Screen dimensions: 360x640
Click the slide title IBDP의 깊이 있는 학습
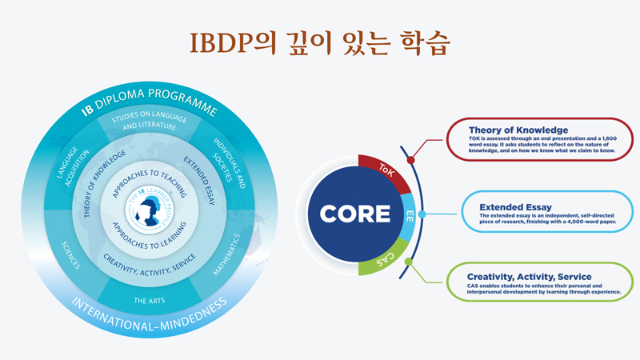point(320,42)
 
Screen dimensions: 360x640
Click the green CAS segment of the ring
point(389,258)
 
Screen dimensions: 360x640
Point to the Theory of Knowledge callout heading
point(518,130)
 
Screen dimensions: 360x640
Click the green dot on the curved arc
point(409,261)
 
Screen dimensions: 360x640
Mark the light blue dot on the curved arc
point(422,214)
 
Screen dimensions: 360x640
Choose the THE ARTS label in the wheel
point(150,301)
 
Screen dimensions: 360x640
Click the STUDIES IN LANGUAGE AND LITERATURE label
point(150,122)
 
